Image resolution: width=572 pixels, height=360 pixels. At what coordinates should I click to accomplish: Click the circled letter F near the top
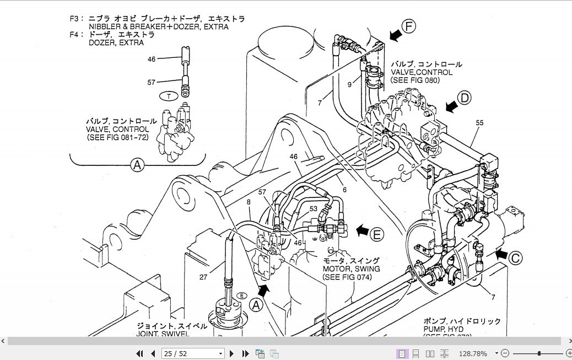[x=409, y=26]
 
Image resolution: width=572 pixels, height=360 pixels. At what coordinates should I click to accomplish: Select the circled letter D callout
[x=465, y=98]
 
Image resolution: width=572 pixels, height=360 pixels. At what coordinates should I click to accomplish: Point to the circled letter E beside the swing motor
[x=376, y=234]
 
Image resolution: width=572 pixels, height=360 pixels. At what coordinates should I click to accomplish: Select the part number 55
[x=479, y=122]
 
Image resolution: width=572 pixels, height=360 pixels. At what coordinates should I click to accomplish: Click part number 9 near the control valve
[x=349, y=84]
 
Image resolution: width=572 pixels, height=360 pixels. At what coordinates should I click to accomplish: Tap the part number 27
[x=203, y=277]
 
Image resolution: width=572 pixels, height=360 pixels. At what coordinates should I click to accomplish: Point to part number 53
[x=313, y=209]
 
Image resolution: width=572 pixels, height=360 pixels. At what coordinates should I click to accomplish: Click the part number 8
[x=249, y=202]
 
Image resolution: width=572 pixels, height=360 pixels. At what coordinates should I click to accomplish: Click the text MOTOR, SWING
[x=351, y=268]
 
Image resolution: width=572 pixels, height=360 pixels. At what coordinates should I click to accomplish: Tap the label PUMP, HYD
[x=446, y=329]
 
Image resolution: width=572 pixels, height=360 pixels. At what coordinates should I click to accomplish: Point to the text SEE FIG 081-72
[x=118, y=137]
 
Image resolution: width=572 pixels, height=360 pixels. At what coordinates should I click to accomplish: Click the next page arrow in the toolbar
[x=231, y=353]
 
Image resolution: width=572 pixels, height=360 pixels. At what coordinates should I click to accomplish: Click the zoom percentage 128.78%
[x=473, y=353]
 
